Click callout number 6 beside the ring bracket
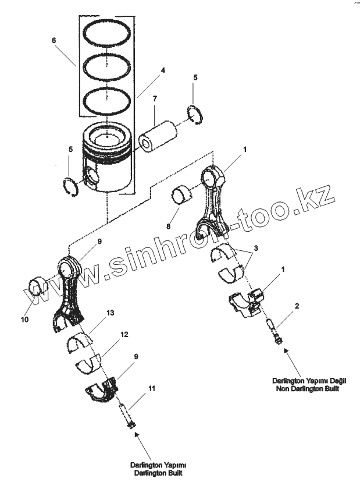coord(54,41)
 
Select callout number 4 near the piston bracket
coord(163,70)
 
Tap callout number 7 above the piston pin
coord(155,100)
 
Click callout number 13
coord(110,313)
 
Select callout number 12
coord(123,335)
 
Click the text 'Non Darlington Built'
coord(308,388)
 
